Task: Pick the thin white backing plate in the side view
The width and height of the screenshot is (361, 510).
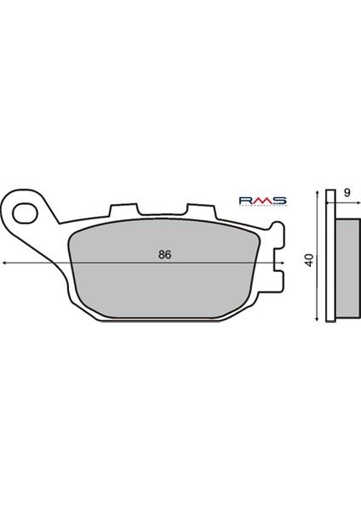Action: pyautogui.click(x=330, y=255)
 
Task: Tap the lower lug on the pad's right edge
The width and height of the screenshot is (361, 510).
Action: pyautogui.click(x=275, y=281)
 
